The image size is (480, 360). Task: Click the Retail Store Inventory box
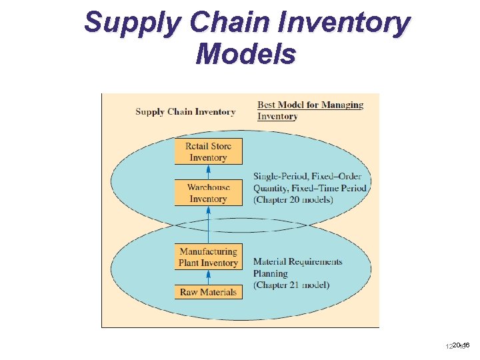(x=208, y=151)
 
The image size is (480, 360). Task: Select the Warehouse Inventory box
(x=208, y=193)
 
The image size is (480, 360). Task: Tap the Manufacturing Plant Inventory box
(x=208, y=257)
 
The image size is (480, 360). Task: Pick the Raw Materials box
(x=208, y=292)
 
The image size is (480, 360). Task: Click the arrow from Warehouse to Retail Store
(x=208, y=171)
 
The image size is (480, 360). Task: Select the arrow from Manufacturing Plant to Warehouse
(x=208, y=225)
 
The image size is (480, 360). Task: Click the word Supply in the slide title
(x=131, y=23)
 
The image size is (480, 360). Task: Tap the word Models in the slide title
(x=245, y=54)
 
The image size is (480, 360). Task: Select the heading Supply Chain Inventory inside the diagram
(x=185, y=111)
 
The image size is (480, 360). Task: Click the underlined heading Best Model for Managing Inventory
(x=310, y=110)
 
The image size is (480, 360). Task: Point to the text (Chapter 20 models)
(x=293, y=200)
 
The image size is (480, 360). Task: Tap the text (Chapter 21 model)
(x=291, y=285)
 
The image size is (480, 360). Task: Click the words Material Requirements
(x=297, y=262)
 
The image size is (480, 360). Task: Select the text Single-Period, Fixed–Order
(x=307, y=177)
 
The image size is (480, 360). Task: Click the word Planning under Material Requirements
(x=271, y=273)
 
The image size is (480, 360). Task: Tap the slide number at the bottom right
(x=458, y=345)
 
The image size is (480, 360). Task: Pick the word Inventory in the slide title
(x=343, y=23)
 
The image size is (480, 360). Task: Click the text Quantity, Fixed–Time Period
(x=310, y=188)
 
